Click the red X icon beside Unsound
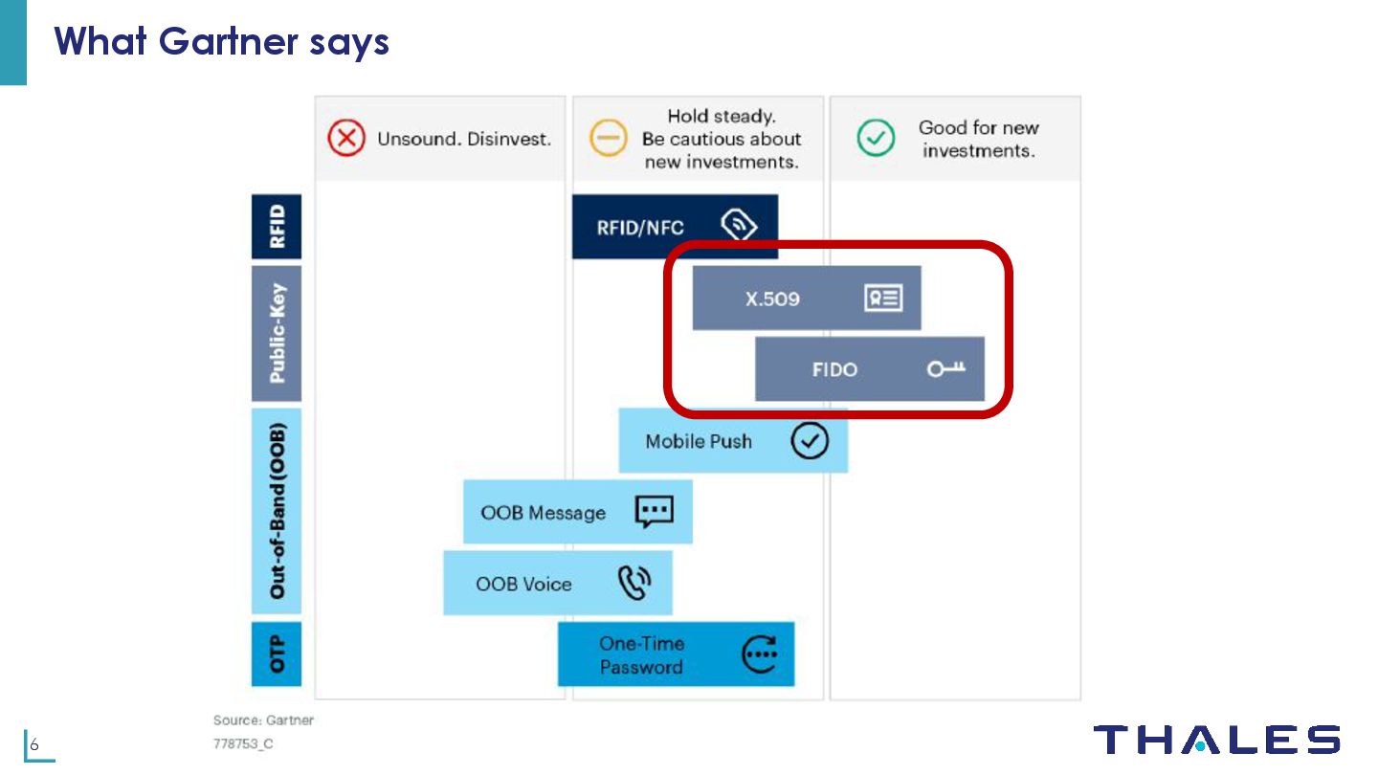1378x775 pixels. pyautogui.click(x=345, y=139)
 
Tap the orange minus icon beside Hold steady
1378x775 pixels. pyautogui.click(x=608, y=139)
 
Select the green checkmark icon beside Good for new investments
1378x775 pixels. pyautogui.click(x=875, y=139)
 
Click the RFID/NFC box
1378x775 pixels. pyautogui.click(x=674, y=227)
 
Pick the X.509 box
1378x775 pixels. pyautogui.click(x=806, y=299)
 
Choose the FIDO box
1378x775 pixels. pyautogui.click(x=869, y=369)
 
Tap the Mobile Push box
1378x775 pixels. pyautogui.click(x=732, y=441)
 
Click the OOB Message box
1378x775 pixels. pyautogui.click(x=577, y=512)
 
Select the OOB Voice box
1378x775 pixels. pyautogui.click(x=557, y=584)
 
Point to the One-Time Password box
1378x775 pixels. pyautogui.click(x=676, y=654)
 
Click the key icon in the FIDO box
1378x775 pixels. pyautogui.click(x=945, y=369)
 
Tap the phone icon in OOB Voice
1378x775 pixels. pyautogui.click(x=634, y=583)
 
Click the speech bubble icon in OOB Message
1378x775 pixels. pyautogui.click(x=655, y=512)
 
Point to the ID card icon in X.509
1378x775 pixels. pyautogui.click(x=882, y=299)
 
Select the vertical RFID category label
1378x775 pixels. pyautogui.click(x=277, y=227)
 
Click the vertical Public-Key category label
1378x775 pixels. pyautogui.click(x=277, y=333)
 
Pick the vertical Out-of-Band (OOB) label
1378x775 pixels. pyautogui.click(x=277, y=511)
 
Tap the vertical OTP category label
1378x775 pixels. pyautogui.click(x=277, y=654)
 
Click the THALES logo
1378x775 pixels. pyautogui.click(x=1216, y=741)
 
